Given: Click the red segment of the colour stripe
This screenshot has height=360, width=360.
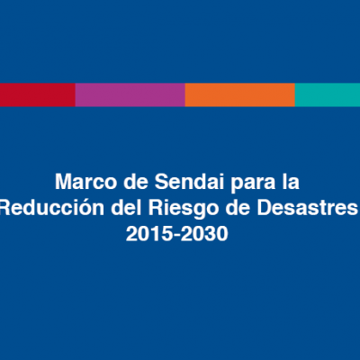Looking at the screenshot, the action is point(38,94).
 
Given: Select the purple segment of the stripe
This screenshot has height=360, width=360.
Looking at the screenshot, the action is point(130,94).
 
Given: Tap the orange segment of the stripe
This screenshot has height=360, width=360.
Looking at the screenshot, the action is point(240,94).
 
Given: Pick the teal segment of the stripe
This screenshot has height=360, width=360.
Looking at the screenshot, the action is point(328,94).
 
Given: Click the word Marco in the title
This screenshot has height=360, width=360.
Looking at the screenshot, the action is point(85,182).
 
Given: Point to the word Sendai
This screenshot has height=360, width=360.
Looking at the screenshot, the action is point(189,182).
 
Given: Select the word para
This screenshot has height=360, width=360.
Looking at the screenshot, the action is point(253,184).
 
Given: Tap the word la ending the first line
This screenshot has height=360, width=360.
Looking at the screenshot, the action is point(291,182).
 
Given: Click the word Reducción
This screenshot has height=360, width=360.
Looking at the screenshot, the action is point(52,208).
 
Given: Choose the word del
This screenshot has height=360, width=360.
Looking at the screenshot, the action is point(126,208).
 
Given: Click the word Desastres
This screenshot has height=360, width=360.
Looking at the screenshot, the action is point(308,208).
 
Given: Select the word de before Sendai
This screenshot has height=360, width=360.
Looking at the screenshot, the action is point(136,182).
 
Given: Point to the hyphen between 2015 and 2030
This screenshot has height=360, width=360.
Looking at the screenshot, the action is point(176,236).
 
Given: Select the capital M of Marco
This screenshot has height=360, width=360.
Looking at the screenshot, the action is point(64,182).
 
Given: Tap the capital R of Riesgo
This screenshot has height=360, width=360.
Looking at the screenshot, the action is point(156,208).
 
